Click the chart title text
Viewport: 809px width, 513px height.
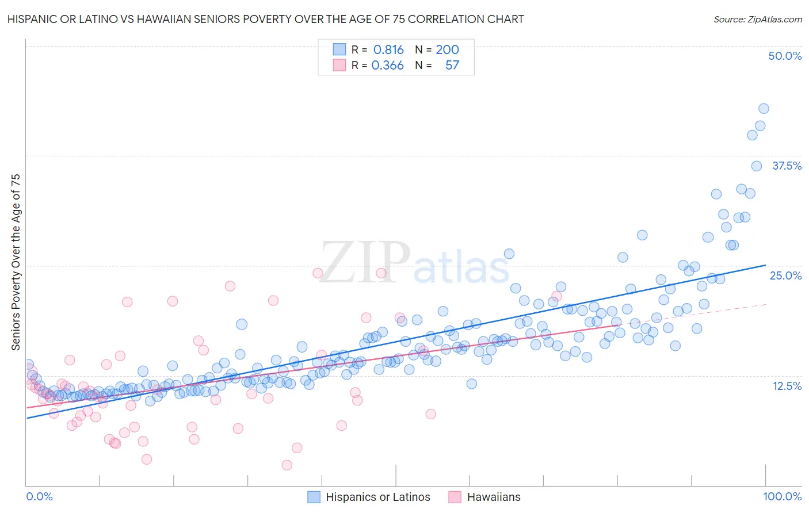click(265, 19)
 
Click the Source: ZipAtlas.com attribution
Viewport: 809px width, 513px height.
click(757, 19)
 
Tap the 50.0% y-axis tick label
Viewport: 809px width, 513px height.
click(785, 56)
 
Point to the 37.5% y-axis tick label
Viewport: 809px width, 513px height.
click(787, 166)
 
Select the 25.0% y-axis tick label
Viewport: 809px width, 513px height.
click(785, 275)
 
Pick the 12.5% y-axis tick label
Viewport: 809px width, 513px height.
click(787, 386)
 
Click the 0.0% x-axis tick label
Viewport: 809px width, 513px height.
click(39, 496)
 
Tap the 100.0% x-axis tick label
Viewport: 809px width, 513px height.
click(782, 496)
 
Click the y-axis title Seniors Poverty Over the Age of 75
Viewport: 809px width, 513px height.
click(16, 262)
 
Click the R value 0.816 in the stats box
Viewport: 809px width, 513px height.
click(388, 49)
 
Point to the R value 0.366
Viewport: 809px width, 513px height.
click(387, 66)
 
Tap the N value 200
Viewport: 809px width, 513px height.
click(447, 49)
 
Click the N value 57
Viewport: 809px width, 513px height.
click(452, 66)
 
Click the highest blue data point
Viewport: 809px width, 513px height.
click(764, 109)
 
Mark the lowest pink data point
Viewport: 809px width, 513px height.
click(287, 465)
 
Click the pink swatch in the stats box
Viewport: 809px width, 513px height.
click(339, 66)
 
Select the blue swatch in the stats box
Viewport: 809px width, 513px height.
click(339, 49)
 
